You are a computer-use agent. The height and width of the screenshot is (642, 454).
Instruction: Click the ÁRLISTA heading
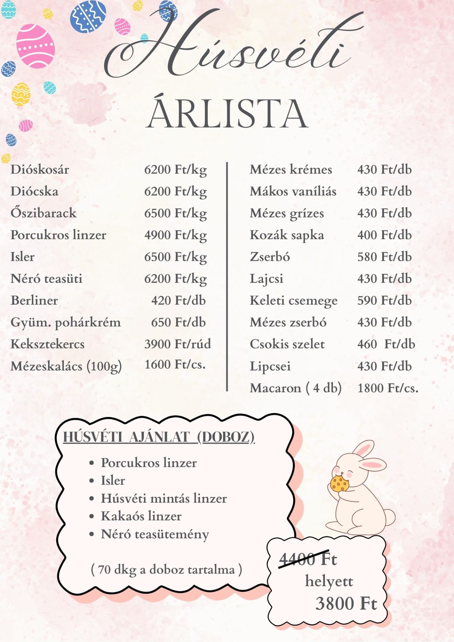point(227,114)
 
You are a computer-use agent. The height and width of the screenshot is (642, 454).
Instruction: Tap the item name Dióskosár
point(40,170)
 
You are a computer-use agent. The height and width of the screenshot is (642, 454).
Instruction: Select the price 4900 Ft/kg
point(175,235)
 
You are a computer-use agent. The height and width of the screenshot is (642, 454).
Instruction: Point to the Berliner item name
point(34,301)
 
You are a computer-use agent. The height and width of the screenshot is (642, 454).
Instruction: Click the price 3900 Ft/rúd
point(178,344)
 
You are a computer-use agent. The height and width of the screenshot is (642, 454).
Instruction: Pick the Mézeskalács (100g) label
point(66,366)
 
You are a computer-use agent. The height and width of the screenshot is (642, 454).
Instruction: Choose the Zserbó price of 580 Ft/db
point(384,257)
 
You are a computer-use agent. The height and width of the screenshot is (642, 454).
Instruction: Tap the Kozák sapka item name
point(287,235)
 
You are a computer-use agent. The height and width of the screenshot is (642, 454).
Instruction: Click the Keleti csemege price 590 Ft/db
point(384,301)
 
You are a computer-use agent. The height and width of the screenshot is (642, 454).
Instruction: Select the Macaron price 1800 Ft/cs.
point(388,388)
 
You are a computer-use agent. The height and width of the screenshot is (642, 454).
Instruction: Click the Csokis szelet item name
point(287,344)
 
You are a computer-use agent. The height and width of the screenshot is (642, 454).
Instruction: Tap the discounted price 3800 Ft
point(346,604)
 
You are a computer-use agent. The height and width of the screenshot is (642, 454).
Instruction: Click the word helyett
point(329,582)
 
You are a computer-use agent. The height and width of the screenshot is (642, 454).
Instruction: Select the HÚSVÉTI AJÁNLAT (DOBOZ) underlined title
point(159,437)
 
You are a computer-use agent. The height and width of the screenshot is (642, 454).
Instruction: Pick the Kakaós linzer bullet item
point(141,516)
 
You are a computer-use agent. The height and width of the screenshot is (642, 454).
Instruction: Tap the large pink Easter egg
point(35,46)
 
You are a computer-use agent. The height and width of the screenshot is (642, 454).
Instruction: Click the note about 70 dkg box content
point(166,569)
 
